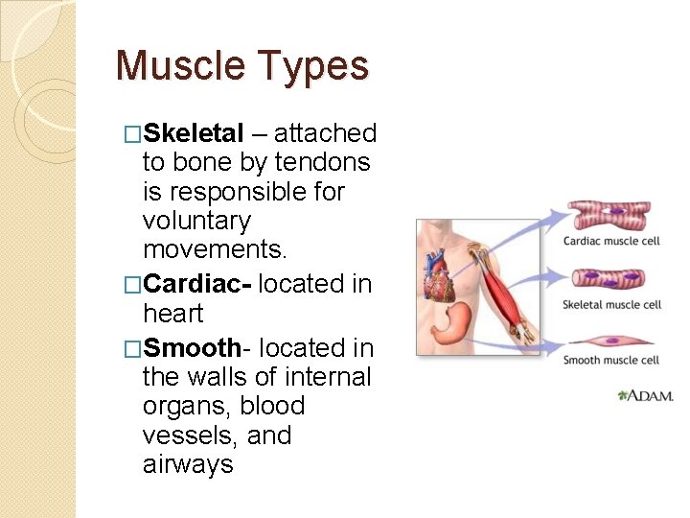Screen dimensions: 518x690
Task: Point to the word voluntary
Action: coord(196,221)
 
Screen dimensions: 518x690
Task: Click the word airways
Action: coord(188,465)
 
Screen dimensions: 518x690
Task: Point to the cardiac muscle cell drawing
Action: coord(609,216)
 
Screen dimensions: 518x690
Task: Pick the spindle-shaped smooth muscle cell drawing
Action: coord(609,341)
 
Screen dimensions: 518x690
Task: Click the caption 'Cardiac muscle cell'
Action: coord(610,241)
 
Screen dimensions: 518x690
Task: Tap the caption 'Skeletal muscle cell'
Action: coord(611,304)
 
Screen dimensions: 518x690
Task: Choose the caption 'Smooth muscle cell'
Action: coord(610,361)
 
